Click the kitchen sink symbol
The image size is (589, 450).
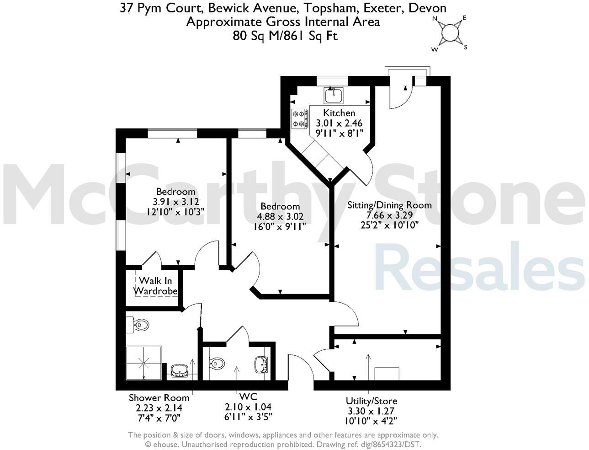334,95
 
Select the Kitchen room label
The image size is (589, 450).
339,113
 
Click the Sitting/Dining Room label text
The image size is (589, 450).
389,205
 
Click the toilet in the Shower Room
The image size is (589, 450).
139,325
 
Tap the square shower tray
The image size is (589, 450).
143,363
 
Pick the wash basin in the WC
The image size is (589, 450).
261,364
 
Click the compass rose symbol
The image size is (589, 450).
450,33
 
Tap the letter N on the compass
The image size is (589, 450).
435,19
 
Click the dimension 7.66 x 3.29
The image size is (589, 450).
389,215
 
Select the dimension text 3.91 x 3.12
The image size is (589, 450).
176,201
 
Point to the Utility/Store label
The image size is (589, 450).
371,401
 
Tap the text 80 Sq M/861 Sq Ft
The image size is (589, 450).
285,36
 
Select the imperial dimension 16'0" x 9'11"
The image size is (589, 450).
280,226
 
